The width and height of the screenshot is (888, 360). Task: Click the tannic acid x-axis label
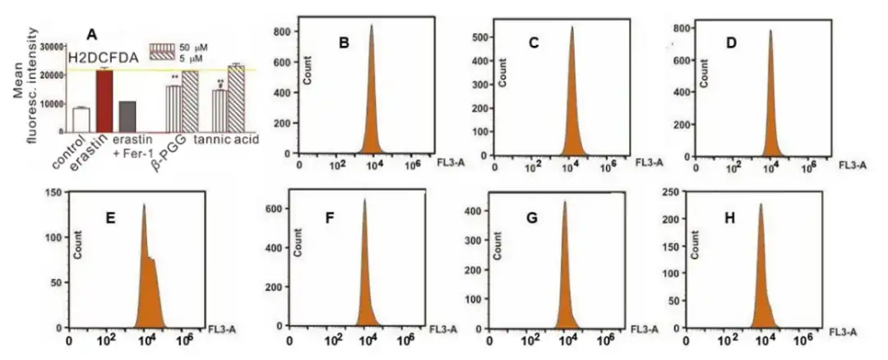click(226, 141)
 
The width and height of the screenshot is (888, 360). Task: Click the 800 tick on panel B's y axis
click(283, 32)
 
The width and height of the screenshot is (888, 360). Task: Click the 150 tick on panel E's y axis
click(56, 192)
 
